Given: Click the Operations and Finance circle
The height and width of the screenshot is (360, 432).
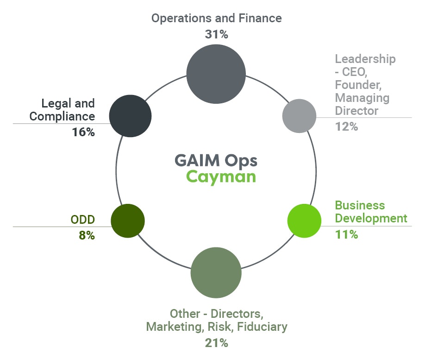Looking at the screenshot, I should coord(216,74).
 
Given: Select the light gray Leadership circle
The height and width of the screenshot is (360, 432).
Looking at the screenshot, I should coord(299,116).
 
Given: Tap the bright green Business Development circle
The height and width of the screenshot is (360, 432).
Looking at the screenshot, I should coord(304,221).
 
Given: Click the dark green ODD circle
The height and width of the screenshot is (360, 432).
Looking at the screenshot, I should coord(128,221).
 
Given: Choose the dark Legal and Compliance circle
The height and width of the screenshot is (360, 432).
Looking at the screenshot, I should coord(130,116).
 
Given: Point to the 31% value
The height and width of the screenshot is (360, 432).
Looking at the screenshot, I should coord(216,34).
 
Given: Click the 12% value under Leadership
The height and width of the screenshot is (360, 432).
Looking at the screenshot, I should coord(346,126).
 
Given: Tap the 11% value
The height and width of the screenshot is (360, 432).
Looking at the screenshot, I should coord(346,234).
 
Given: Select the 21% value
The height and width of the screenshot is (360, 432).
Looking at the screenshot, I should coord(216,343).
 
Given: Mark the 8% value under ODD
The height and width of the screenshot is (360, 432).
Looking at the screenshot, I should coord(87,235).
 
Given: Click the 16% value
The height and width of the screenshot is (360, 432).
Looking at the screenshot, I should coord(83,132).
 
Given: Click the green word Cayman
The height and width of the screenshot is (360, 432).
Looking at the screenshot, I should coord(221,177).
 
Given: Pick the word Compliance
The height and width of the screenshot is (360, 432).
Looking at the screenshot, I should coord(62,116).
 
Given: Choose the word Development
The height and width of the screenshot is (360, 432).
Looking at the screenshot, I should coord(371,218).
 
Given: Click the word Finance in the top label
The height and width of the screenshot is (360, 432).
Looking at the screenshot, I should coord(261,18).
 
